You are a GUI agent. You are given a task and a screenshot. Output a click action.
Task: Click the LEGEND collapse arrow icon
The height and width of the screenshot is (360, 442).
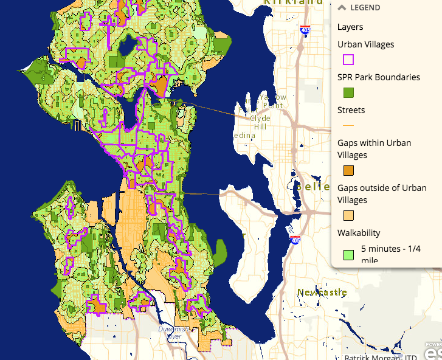(342, 8)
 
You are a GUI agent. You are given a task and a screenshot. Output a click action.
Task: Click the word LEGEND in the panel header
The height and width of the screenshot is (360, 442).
(365, 8)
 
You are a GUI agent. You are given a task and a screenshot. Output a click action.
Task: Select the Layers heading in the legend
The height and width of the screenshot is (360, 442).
(350, 27)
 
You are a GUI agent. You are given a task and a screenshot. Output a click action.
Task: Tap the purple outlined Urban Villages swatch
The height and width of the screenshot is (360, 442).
(348, 60)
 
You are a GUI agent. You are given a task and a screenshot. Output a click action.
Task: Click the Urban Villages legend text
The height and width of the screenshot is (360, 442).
(365, 44)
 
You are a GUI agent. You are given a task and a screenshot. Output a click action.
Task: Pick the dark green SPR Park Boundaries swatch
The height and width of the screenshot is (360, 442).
(348, 93)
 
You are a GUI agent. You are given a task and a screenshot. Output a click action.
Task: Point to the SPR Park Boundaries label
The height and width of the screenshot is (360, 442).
(378, 77)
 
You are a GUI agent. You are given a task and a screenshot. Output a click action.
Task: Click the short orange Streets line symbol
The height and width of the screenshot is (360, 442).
(348, 126)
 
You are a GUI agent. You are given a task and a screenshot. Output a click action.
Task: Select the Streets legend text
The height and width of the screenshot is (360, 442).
(351, 110)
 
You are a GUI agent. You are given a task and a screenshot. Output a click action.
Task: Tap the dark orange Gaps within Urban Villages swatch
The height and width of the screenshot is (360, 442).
(348, 170)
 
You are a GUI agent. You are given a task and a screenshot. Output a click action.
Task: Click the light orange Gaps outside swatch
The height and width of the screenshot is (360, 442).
(348, 215)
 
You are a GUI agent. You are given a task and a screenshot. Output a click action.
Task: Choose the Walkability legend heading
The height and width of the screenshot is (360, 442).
(359, 232)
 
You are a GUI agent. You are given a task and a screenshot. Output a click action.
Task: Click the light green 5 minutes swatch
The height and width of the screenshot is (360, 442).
(348, 254)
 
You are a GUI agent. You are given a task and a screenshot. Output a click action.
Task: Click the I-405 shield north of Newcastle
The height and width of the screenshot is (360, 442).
(295, 241)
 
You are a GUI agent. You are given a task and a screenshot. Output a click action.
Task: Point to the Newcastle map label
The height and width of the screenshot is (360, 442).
(322, 292)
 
